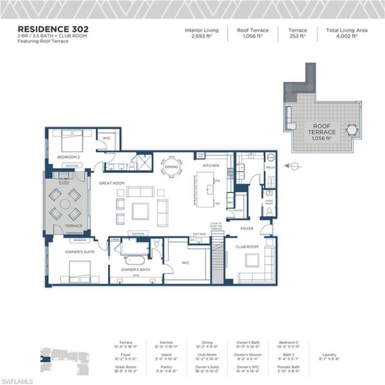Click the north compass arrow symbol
[x=295, y=166]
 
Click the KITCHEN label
[x=211, y=166]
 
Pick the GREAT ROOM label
[x=112, y=183]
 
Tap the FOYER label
[x=247, y=229]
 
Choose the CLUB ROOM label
[x=246, y=247]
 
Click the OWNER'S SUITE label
[x=79, y=251]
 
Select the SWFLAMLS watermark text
[x=17, y=381]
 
